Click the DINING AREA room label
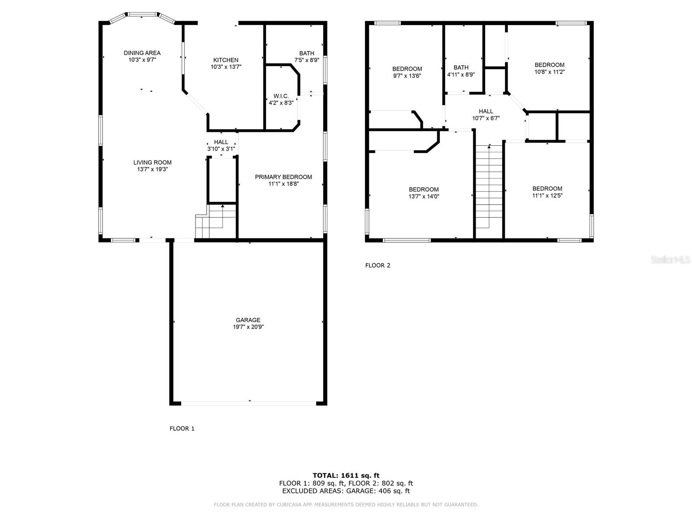tap(142, 53)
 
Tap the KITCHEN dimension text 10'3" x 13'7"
tap(226, 67)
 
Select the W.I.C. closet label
tap(281, 96)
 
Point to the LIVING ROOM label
tap(152, 163)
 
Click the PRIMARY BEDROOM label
tap(283, 177)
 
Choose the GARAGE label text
tap(248, 320)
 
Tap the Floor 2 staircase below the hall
tap(489, 186)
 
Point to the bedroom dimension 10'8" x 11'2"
tap(549, 72)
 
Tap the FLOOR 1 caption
tap(182, 429)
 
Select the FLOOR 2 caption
tap(378, 266)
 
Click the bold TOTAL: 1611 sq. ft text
tap(346, 475)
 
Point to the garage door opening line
tap(248, 403)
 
